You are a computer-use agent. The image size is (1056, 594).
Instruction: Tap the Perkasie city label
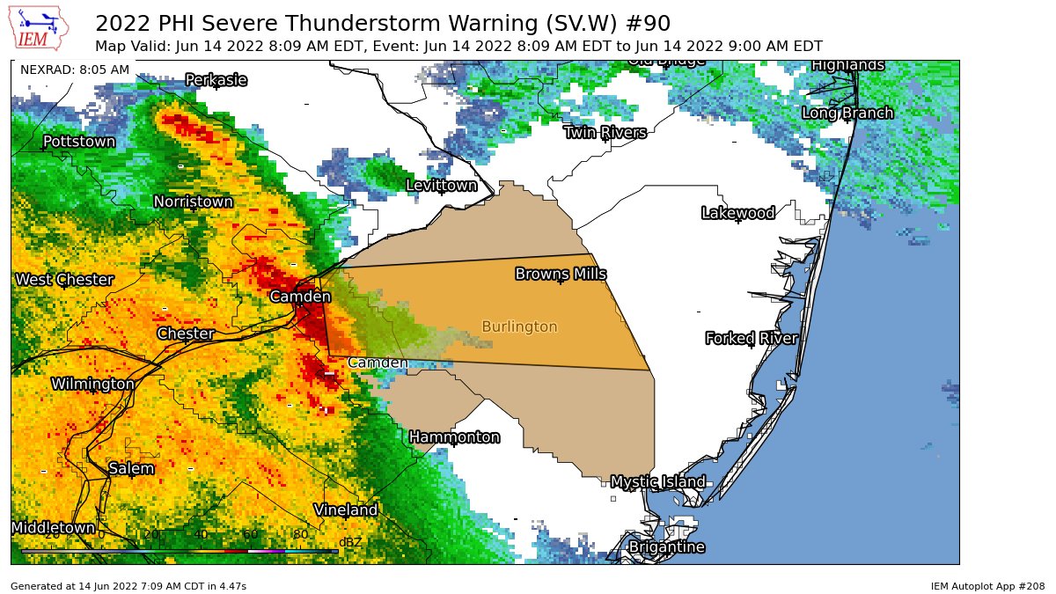pyautogui.click(x=216, y=80)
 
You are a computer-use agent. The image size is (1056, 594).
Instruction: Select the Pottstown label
pyautogui.click(x=79, y=142)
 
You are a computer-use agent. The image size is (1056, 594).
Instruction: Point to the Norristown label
pyautogui.click(x=194, y=202)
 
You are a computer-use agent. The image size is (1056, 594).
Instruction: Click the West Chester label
pyautogui.click(x=64, y=280)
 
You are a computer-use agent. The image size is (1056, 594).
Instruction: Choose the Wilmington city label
pyautogui.click(x=92, y=385)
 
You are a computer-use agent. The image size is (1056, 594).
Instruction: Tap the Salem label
pyautogui.click(x=131, y=469)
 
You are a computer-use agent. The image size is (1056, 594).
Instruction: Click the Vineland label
pyautogui.click(x=346, y=510)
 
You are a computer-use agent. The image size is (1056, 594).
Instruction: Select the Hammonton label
pyautogui.click(x=454, y=437)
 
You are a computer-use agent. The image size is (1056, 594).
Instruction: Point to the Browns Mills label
pyautogui.click(x=561, y=275)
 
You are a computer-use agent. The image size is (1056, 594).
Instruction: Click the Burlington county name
pyautogui.click(x=519, y=327)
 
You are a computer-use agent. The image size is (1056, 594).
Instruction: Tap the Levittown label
pyautogui.click(x=441, y=186)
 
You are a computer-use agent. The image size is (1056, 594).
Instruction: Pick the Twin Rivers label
pyautogui.click(x=605, y=133)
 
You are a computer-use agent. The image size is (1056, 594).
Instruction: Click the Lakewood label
pyautogui.click(x=737, y=213)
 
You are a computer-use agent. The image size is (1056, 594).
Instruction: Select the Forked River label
pyautogui.click(x=752, y=339)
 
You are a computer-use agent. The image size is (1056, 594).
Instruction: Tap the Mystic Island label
pyautogui.click(x=657, y=482)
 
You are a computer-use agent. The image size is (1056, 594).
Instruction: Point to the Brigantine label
pyautogui.click(x=666, y=547)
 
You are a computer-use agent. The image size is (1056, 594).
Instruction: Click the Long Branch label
pyautogui.click(x=847, y=114)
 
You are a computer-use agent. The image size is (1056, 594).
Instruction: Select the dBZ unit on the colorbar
pyautogui.click(x=350, y=542)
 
